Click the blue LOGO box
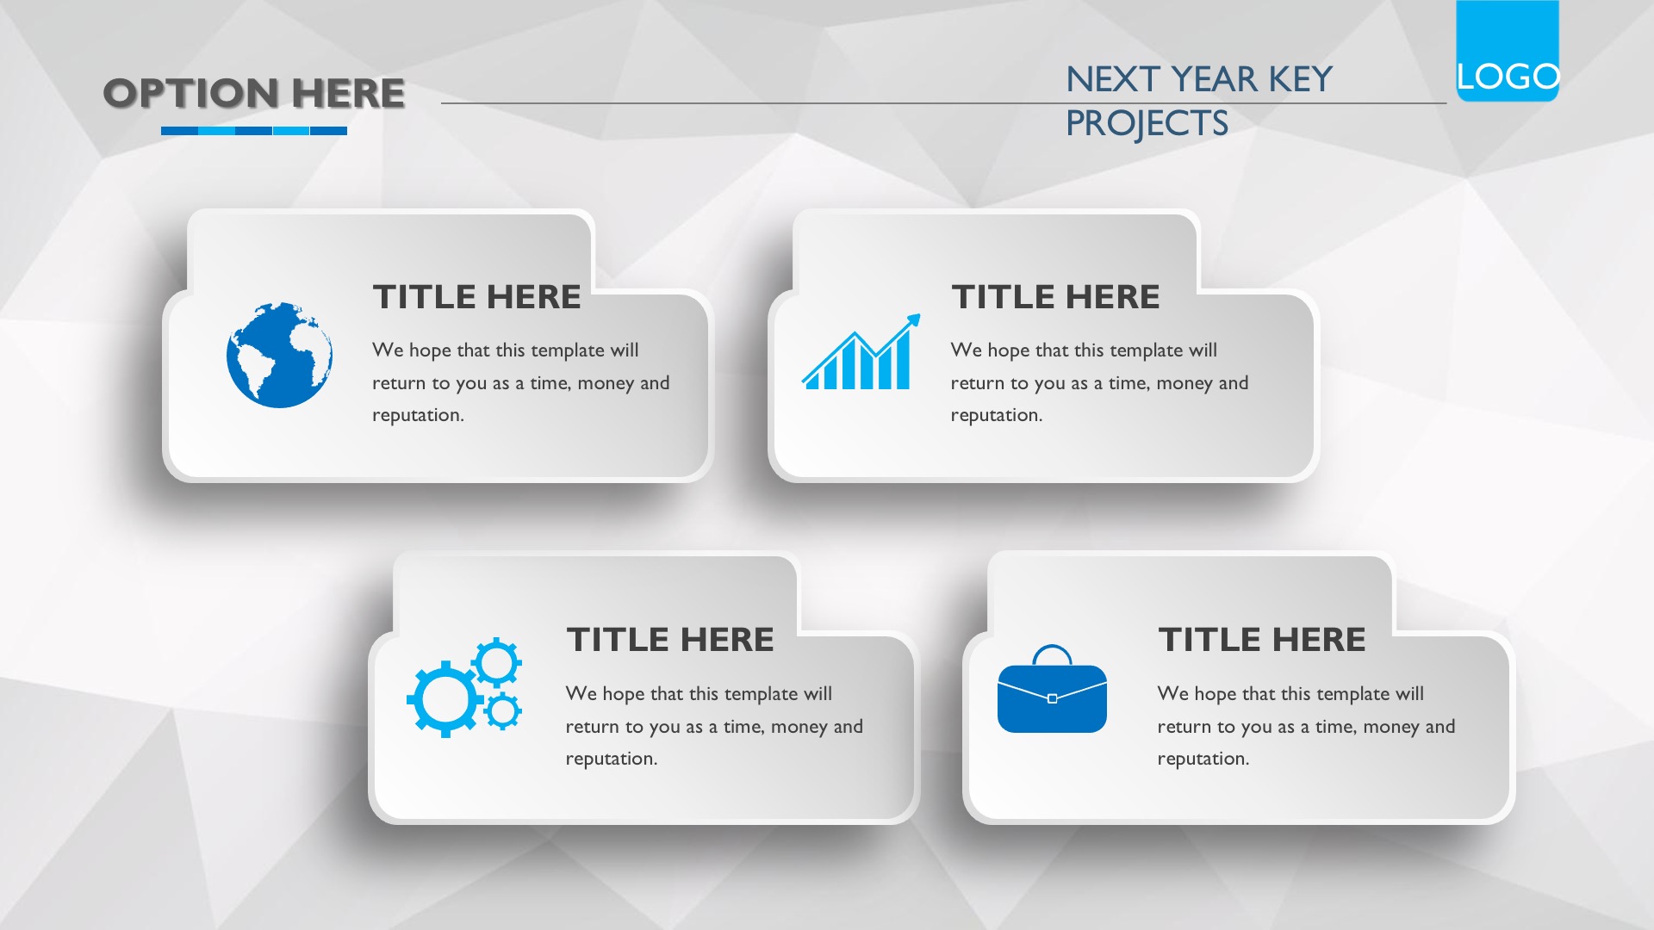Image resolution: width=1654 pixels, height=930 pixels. (x=1508, y=51)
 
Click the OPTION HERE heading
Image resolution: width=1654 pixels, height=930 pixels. (x=254, y=93)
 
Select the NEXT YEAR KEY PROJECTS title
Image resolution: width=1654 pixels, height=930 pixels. (x=1199, y=101)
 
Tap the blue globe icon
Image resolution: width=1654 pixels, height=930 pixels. (x=279, y=355)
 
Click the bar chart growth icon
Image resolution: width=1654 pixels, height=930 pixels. (x=861, y=351)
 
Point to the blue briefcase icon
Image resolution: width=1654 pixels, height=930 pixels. (x=1052, y=689)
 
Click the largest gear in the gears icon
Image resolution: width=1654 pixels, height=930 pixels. (x=445, y=698)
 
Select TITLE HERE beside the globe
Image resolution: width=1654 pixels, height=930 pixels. (x=476, y=297)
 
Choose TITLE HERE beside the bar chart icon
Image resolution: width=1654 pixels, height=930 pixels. (x=1055, y=297)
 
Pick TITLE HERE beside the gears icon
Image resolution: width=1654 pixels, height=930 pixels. (x=670, y=640)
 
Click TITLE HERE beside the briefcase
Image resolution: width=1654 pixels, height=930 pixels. (x=1262, y=640)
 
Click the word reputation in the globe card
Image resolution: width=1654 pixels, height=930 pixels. (x=418, y=416)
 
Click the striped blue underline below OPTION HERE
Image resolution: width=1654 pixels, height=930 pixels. (x=254, y=131)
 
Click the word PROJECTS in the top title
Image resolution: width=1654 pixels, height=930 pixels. (x=1147, y=123)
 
